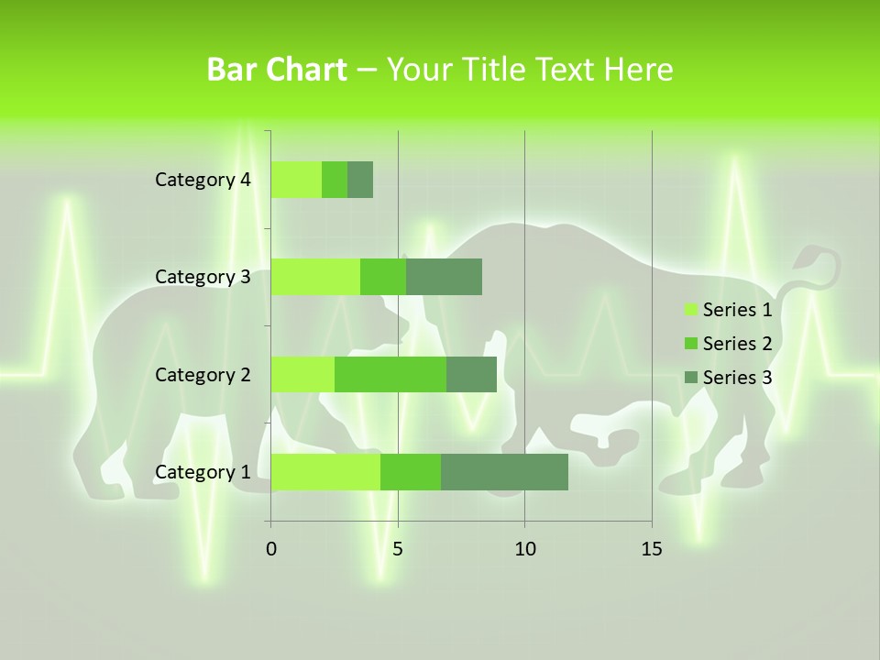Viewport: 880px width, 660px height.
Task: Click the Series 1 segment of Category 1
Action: tap(325, 472)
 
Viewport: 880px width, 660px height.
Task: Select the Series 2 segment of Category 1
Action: tap(411, 472)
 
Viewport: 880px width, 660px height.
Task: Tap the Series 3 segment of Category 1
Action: tap(504, 472)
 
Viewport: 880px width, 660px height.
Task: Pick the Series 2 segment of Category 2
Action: tap(390, 374)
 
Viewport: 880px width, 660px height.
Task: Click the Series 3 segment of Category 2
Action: tap(471, 374)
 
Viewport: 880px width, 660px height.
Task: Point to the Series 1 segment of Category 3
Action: tap(315, 277)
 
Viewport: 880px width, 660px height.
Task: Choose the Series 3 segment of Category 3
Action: tap(444, 277)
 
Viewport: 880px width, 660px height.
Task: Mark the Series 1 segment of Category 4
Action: tap(296, 180)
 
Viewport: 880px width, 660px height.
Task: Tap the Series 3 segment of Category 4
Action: tap(360, 180)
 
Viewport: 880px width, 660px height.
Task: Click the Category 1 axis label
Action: tap(203, 472)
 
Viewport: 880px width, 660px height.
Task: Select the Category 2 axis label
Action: tap(203, 374)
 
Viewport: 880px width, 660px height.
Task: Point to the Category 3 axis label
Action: tap(203, 277)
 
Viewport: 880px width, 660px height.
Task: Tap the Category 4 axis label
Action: tap(203, 180)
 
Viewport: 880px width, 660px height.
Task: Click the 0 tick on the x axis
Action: tap(271, 549)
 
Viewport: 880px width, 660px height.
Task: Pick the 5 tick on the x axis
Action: tap(398, 549)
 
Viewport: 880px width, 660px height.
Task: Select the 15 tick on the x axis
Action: tap(651, 549)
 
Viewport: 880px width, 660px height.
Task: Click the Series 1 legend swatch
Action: tap(690, 310)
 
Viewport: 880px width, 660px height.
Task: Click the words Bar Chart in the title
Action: tap(277, 70)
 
